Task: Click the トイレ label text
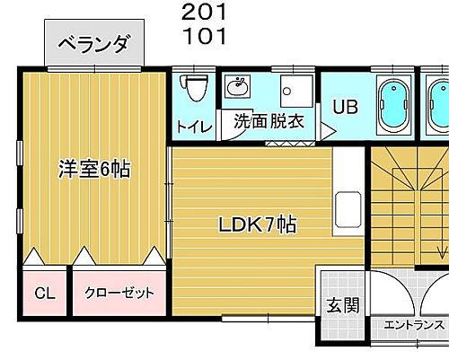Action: coord(195,127)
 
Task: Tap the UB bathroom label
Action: coord(346,107)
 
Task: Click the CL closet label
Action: coord(44,293)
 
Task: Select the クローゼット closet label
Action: coord(119,293)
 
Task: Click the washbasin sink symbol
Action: coord(239,87)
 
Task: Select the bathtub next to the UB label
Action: coord(392,107)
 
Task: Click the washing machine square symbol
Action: coord(295,92)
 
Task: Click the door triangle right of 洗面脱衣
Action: coord(327,131)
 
